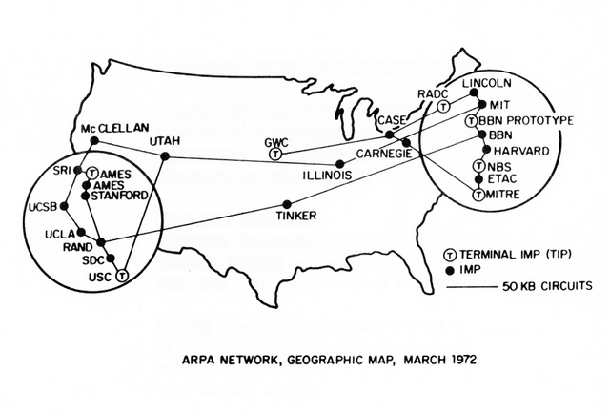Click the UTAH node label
click(x=164, y=141)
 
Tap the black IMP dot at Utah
click(x=165, y=155)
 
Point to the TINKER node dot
click(x=289, y=204)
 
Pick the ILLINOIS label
click(x=299, y=176)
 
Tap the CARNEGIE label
click(x=382, y=153)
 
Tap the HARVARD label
click(x=518, y=151)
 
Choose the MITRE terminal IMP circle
click(x=478, y=194)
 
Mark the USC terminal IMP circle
click(x=121, y=276)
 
